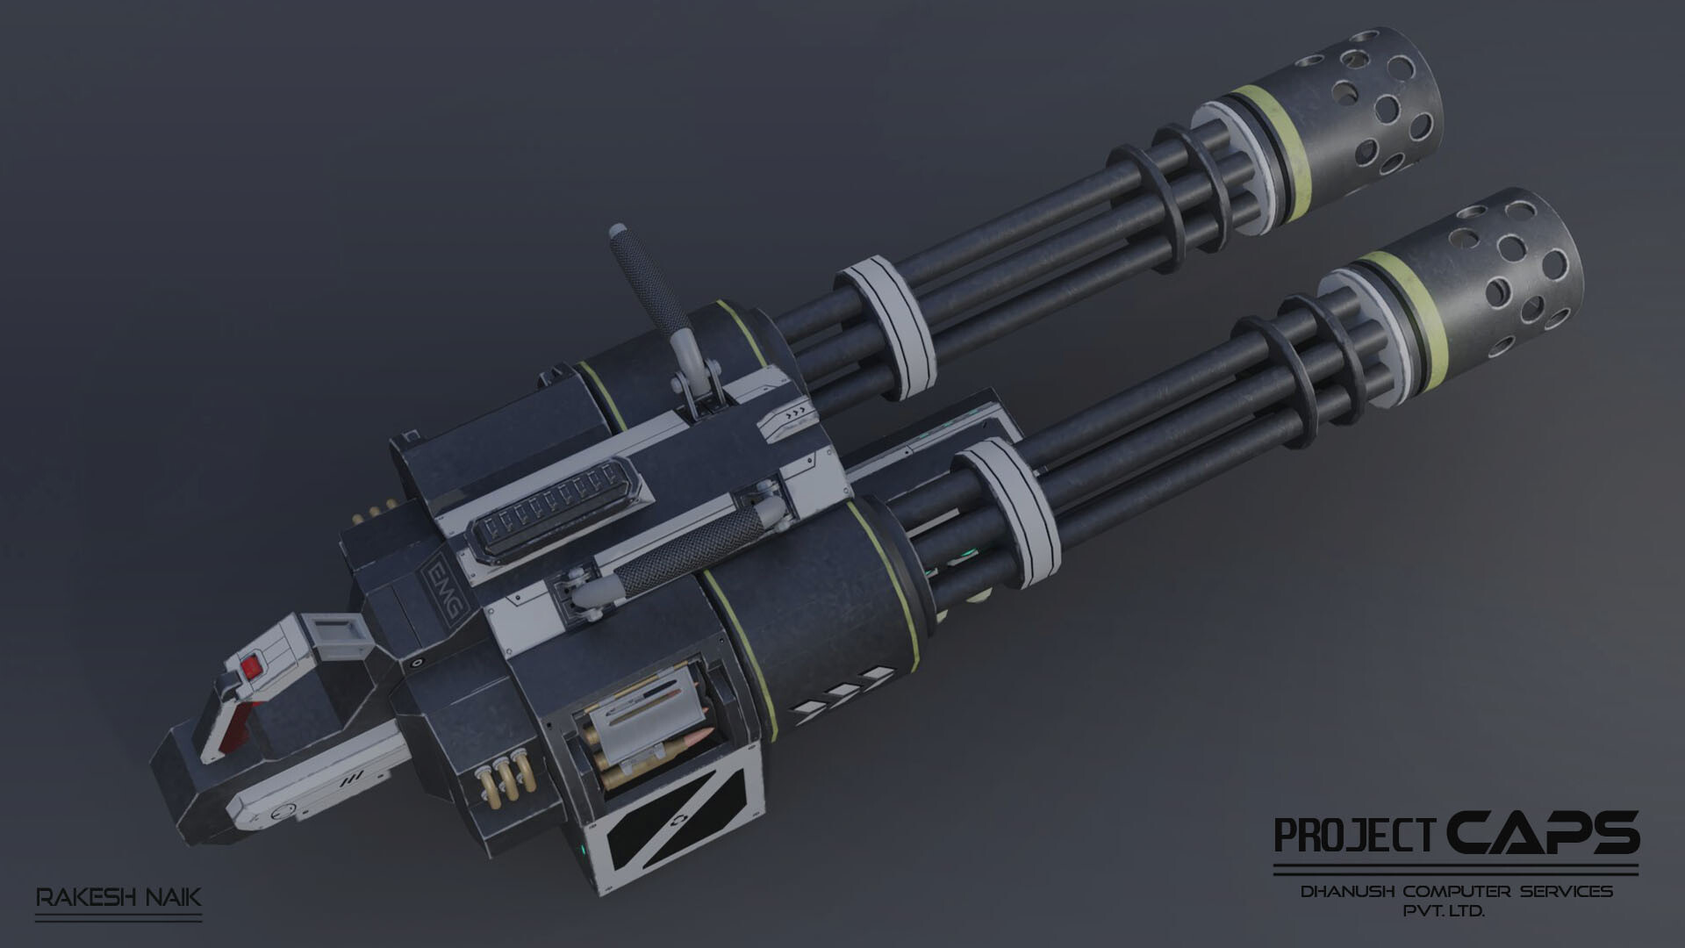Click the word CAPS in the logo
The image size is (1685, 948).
pos(1542,833)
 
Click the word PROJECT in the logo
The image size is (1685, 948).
pos(1355,836)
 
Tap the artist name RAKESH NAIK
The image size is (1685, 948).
pos(118,898)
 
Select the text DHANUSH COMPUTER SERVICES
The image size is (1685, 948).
pos(1456,892)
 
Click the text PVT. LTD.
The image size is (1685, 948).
pos(1444,912)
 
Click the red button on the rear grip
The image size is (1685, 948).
pos(252,667)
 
